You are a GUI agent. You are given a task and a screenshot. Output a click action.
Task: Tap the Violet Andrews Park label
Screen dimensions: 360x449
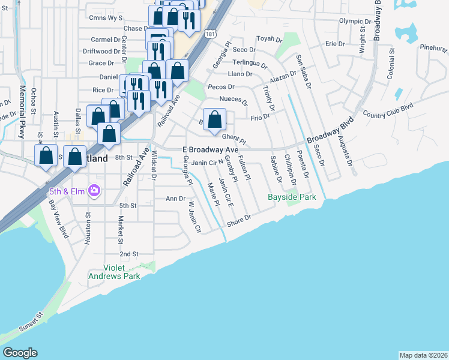[114, 272]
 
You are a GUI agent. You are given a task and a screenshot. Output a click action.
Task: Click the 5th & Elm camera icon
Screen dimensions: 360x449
[94, 191]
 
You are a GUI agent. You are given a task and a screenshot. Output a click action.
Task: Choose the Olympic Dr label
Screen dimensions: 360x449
[352, 21]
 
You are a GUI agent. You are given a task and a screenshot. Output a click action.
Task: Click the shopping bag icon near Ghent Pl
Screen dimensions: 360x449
[214, 120]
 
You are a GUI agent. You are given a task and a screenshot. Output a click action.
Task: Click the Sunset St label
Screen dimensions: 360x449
[32, 323]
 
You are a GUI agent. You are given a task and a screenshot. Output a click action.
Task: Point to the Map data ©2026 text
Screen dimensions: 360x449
[423, 355]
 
